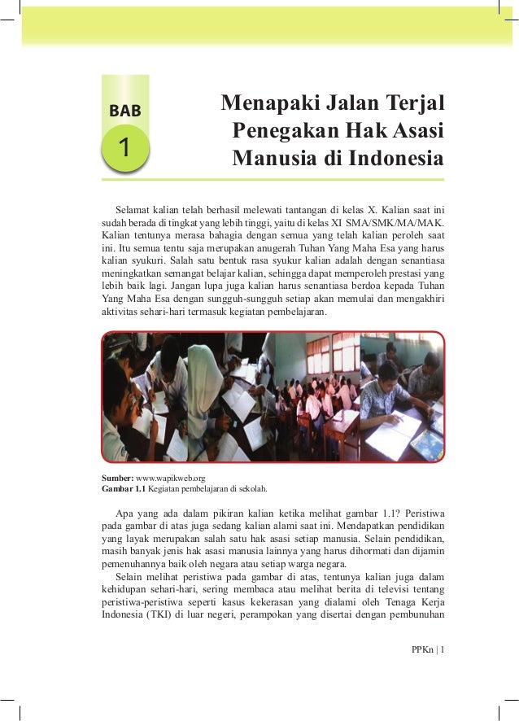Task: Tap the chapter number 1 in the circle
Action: click(124, 149)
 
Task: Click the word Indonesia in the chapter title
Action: click(395, 156)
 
